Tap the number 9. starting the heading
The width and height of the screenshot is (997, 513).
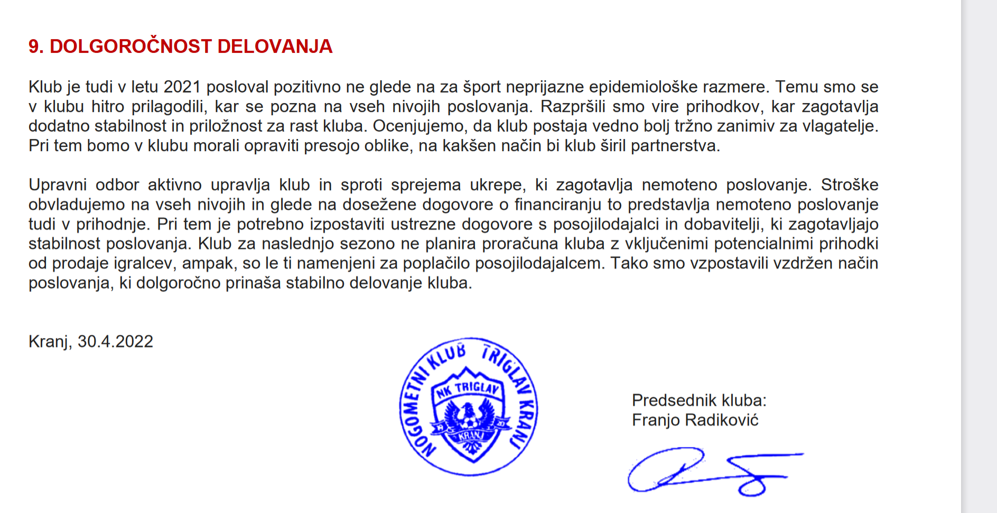click(36, 46)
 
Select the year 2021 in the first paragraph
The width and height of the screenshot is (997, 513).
click(182, 87)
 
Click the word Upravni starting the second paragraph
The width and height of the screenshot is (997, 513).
click(58, 185)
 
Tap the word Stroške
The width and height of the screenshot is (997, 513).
click(849, 185)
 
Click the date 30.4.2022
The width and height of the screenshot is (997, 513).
click(115, 341)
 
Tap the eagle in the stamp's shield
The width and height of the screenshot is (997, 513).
click(468, 417)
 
